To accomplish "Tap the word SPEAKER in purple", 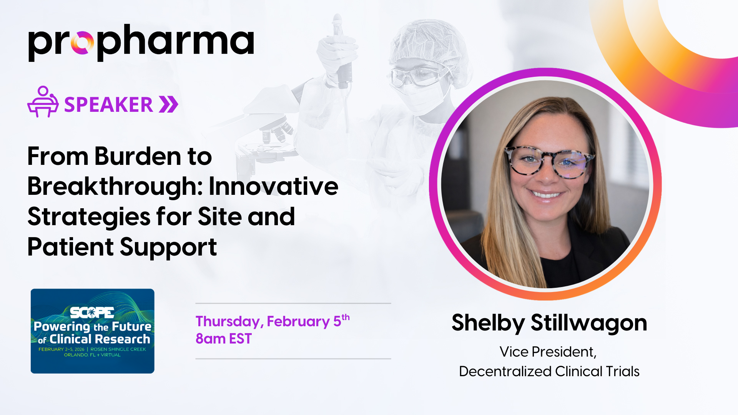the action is coord(108,105).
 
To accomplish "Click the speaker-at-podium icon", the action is coord(43,101).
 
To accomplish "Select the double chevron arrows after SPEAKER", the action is coord(169,105).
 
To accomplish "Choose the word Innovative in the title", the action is coord(273,186).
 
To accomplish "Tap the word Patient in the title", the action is coord(70,247).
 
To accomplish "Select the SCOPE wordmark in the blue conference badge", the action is coord(92,313).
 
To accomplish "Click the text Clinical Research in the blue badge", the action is coord(100,339).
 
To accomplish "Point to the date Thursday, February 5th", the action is coord(273,321).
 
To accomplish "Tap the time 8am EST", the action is coord(223,339).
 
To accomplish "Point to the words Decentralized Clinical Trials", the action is coord(549,371).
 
